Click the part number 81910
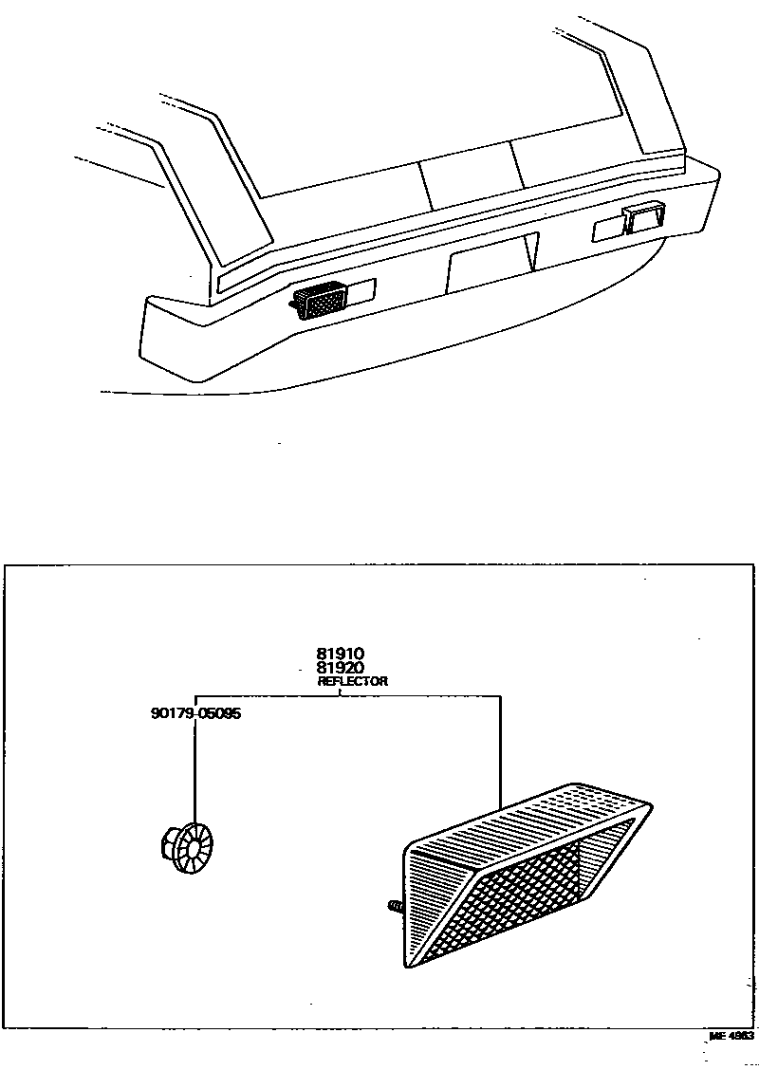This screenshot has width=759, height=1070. coord(341,653)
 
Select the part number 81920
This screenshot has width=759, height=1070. coord(341,667)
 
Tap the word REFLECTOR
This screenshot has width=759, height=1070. coord(352,681)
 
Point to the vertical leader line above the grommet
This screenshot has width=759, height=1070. coord(194,768)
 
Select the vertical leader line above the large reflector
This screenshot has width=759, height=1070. coord(499,749)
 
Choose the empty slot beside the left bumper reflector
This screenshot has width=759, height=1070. coord(363,288)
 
